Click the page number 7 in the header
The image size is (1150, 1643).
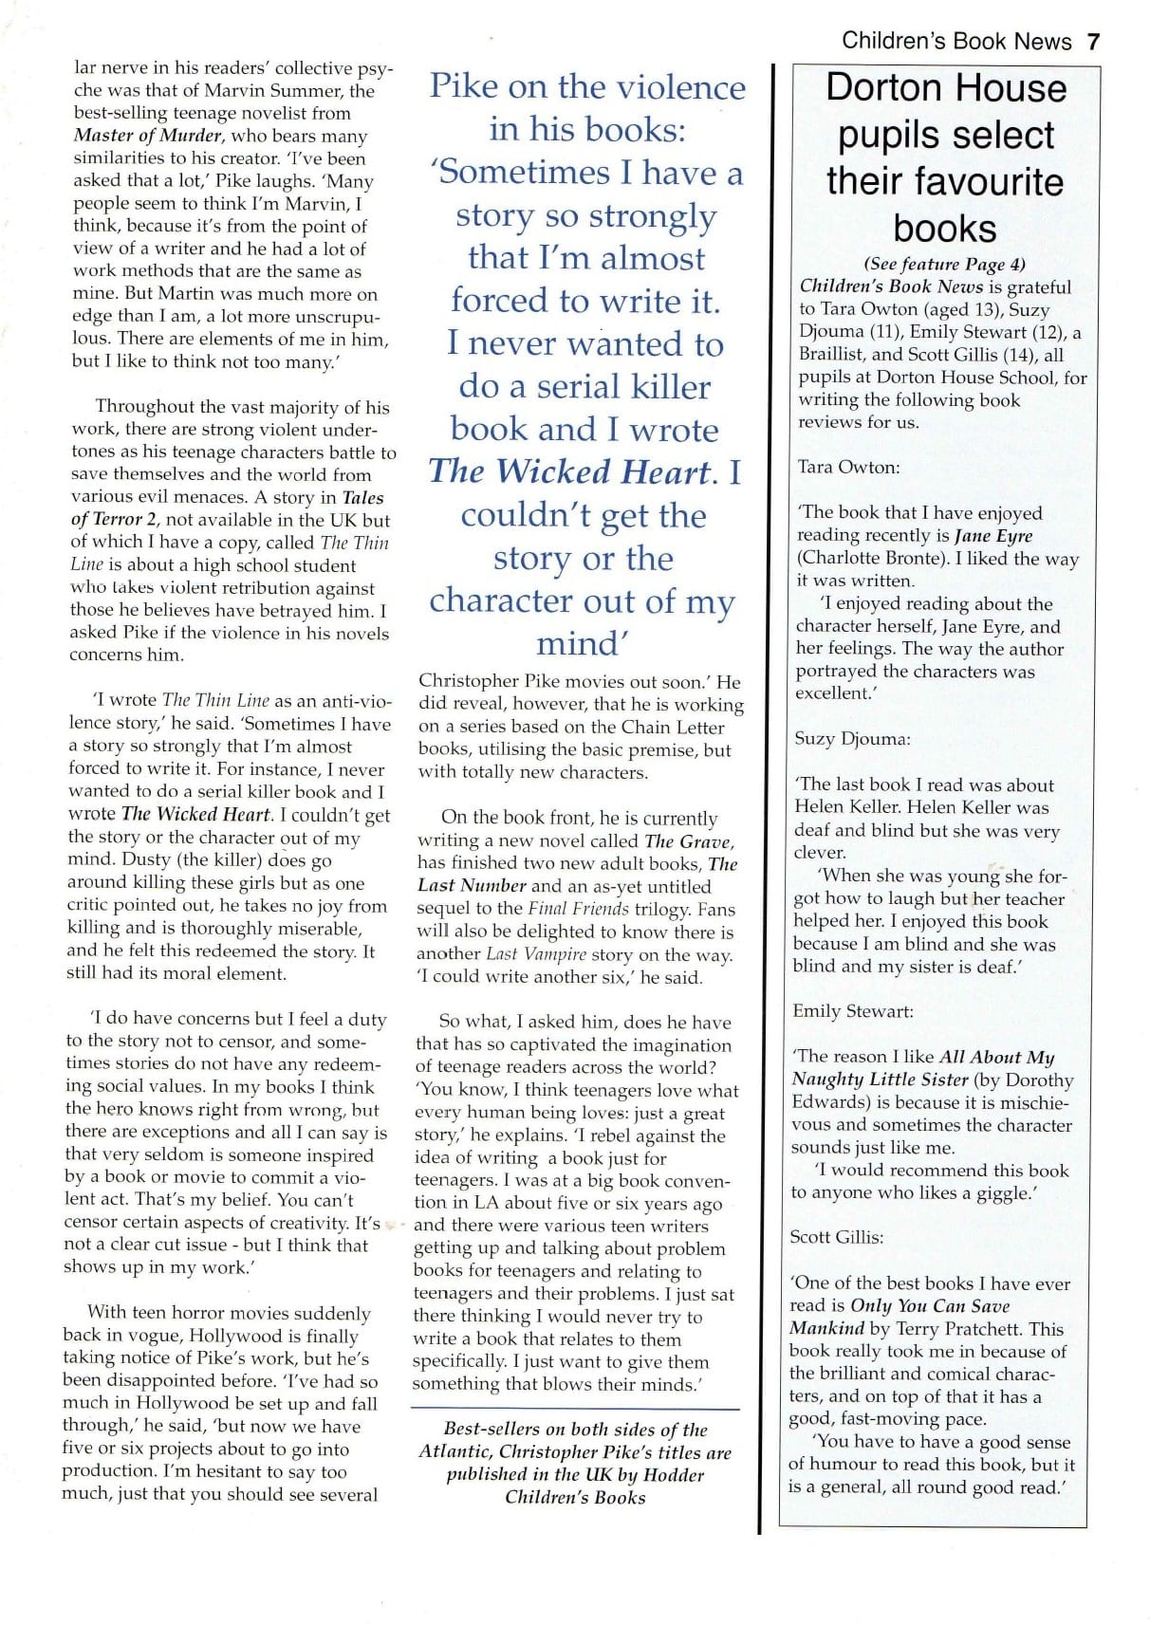(1092, 42)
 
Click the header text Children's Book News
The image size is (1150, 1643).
(955, 42)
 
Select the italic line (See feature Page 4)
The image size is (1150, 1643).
(944, 265)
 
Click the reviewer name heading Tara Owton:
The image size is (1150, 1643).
(848, 467)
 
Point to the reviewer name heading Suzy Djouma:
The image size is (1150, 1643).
(851, 739)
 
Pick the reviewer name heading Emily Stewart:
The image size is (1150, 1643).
(853, 1011)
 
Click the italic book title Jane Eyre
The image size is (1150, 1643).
(992, 536)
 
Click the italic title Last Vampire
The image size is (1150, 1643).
(536, 954)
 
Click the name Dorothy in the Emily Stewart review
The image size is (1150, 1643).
(1039, 1080)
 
